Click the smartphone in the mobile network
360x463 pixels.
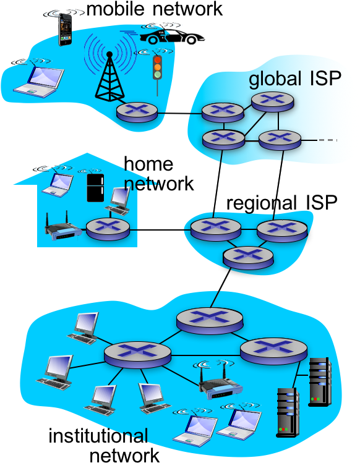(64, 30)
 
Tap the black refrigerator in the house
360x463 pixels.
(95, 189)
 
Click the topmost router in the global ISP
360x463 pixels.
(272, 100)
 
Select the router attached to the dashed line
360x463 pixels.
(280, 138)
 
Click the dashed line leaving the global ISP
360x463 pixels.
(327, 140)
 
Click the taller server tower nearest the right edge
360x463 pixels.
(320, 381)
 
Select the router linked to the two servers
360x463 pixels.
(273, 350)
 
